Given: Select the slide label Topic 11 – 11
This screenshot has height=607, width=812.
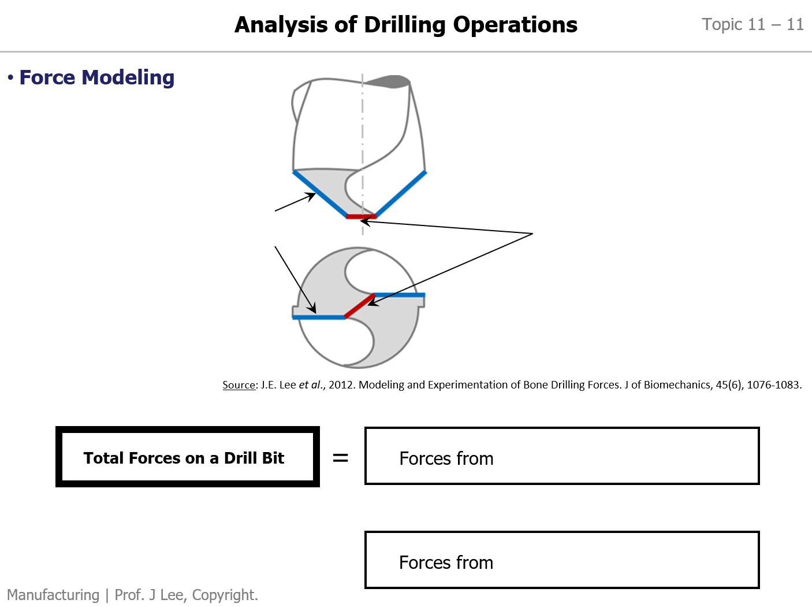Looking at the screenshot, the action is tap(753, 25).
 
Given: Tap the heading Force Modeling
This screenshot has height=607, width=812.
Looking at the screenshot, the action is tap(96, 77).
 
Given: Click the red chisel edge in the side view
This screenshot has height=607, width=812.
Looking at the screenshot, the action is tap(361, 217).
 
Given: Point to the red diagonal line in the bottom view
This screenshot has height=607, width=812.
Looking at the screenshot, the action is tap(359, 306).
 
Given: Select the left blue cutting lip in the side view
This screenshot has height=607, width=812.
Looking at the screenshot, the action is tap(319, 193).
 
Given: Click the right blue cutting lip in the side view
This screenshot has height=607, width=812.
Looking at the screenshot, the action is tap(401, 194).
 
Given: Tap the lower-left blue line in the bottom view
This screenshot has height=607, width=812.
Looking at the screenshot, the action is tap(319, 317).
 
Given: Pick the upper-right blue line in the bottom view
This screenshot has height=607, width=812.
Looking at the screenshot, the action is tap(399, 295).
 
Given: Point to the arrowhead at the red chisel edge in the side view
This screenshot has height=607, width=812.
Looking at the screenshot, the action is tap(365, 222).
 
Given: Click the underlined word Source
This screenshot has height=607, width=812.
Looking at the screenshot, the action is tap(239, 385).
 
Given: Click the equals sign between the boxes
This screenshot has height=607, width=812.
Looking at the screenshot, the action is tap(340, 458).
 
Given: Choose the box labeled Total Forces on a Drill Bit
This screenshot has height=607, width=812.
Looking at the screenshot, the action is tap(188, 457).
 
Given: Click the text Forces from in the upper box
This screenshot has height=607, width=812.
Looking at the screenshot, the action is tap(446, 458).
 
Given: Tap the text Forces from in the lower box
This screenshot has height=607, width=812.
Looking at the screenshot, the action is tap(446, 562).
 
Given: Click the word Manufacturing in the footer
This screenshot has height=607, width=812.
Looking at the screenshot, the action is tap(53, 595).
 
